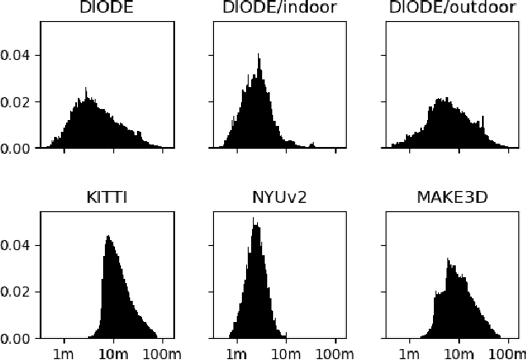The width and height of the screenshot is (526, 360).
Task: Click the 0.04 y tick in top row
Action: (17, 56)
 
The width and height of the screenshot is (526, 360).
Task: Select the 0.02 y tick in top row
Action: (17, 102)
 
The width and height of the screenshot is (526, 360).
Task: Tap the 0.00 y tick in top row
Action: (17, 149)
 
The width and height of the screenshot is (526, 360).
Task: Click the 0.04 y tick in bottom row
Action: (17, 246)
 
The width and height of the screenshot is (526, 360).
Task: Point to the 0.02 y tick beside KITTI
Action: (17, 292)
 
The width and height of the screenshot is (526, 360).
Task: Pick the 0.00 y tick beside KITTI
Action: (17, 339)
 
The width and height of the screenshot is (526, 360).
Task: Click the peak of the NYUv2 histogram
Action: (254, 220)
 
